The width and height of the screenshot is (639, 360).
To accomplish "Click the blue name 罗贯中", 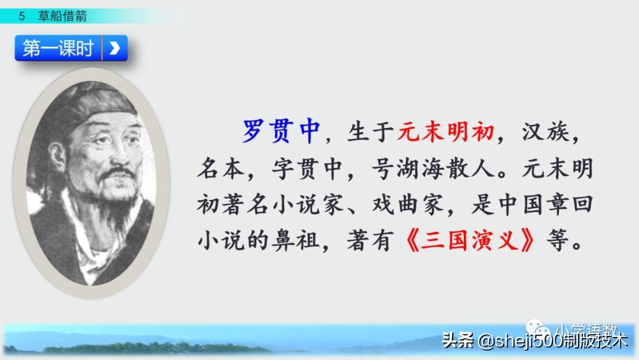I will coord(281,131).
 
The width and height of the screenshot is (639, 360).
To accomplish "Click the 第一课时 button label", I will coord(58,49).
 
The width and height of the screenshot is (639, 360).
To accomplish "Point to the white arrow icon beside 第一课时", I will coord(115,49).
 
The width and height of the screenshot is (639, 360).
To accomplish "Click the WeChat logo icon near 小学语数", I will coord(538,329).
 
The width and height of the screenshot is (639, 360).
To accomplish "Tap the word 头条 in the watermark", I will coord(457,340).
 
